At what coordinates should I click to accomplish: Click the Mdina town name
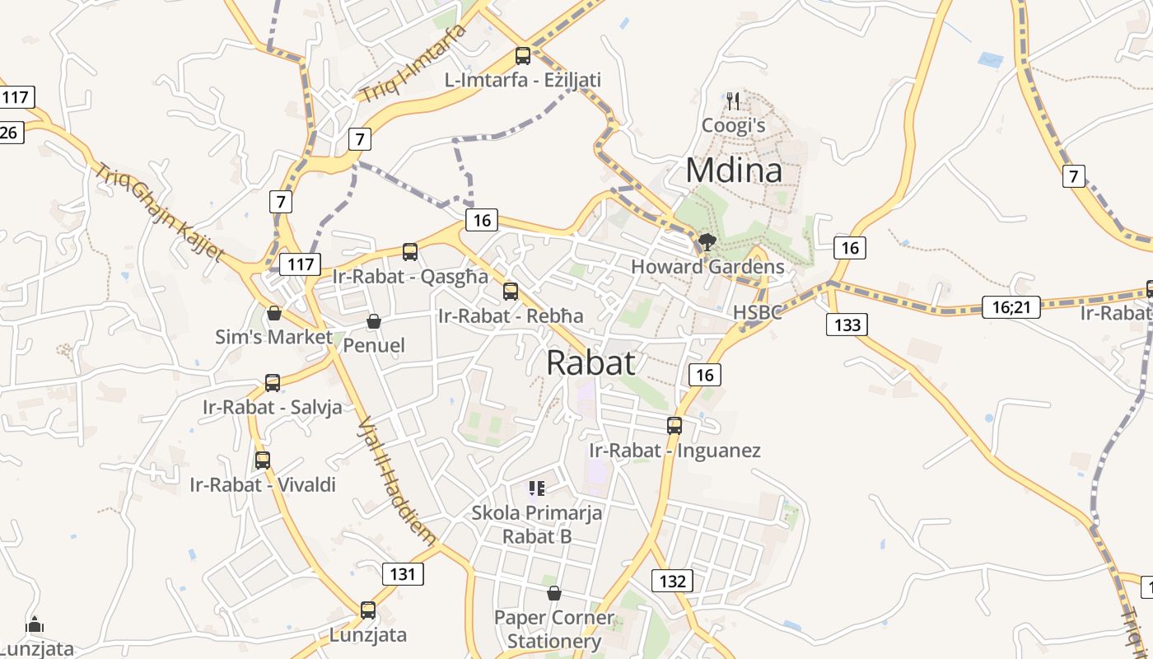[733, 171]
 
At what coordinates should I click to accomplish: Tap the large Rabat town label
[591, 362]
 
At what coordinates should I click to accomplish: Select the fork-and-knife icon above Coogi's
[733, 101]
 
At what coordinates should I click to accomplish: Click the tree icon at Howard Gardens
[707, 242]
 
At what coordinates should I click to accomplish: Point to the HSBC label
[755, 313]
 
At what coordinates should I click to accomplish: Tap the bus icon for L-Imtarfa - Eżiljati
[523, 56]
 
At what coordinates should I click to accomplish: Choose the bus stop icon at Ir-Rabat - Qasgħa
[410, 252]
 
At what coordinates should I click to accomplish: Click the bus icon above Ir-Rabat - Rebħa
[511, 292]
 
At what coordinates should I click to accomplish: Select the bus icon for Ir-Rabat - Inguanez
[675, 426]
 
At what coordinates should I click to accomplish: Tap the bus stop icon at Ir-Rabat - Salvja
[273, 383]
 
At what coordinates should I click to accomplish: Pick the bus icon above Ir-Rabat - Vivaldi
[263, 460]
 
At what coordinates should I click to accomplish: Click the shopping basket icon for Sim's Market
[274, 313]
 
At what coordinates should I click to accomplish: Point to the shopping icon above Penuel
[374, 321]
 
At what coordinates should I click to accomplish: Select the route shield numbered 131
[404, 573]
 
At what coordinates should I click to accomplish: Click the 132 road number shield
[672, 581]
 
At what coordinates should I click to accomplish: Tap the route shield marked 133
[847, 325]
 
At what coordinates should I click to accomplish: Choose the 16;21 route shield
[1011, 307]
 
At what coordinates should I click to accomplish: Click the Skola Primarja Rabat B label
[537, 524]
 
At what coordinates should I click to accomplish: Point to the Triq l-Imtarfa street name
[413, 63]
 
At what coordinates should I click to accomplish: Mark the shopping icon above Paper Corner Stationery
[554, 593]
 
